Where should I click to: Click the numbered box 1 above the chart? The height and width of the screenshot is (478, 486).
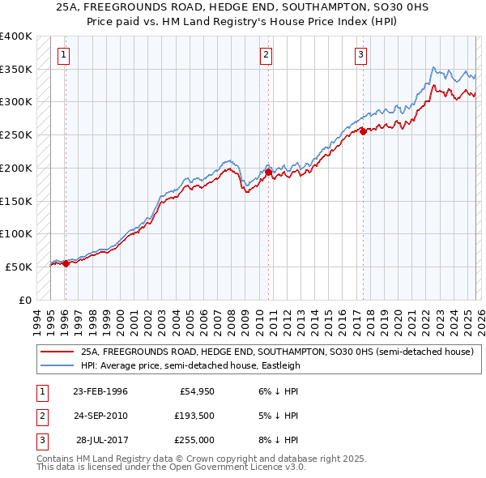64,55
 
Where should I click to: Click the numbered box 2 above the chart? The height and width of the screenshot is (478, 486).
266,55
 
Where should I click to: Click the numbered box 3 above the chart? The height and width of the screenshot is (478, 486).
361,55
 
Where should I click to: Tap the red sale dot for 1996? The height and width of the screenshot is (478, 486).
65,263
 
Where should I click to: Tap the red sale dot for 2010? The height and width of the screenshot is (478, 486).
268,172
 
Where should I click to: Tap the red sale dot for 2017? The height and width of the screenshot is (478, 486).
363,131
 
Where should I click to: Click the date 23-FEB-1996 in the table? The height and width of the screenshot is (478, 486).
100,391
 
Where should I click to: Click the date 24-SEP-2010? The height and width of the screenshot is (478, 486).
100,416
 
